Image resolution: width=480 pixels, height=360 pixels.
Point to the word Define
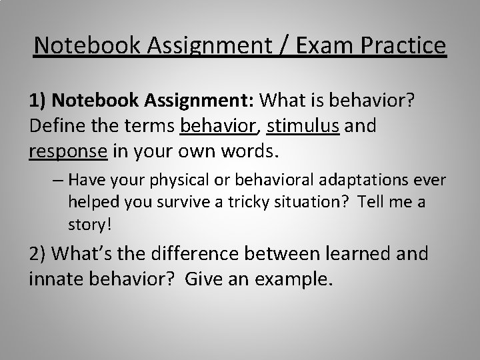pos(58,125)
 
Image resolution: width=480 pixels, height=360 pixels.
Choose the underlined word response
pos(68,151)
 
